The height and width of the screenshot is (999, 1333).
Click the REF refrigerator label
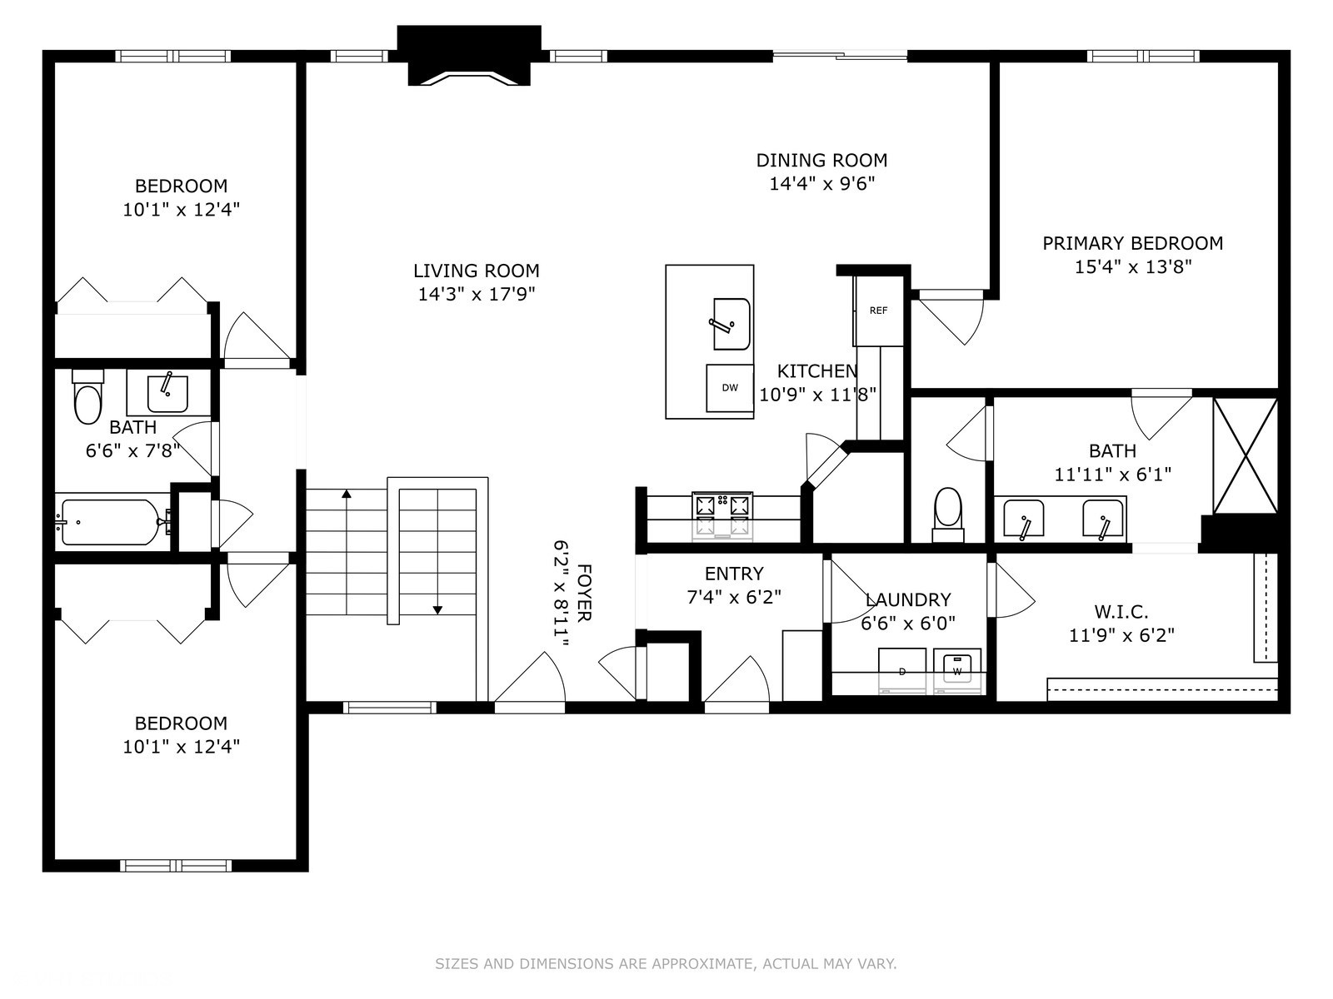pos(878,311)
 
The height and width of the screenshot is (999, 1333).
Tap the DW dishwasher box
pos(729,388)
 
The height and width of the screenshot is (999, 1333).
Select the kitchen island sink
pos(731,324)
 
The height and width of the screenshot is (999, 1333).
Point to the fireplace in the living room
pos(469,56)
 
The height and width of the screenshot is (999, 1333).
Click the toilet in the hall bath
pos(88,397)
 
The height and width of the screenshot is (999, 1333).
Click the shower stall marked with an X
pos(1246,455)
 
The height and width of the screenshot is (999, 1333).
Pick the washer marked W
pos(957,671)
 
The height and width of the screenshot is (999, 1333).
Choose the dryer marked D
pos(902,671)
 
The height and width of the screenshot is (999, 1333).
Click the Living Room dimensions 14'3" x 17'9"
pos(477,294)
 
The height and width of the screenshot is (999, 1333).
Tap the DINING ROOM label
pos(821,160)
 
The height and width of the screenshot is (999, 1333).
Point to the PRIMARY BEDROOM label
pos(1132,243)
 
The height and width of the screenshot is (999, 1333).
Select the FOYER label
pos(584,593)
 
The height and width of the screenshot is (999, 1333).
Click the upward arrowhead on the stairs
pos(347,494)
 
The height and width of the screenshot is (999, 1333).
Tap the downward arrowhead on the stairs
pos(438,610)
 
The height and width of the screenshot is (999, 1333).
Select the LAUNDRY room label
pos(908,600)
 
